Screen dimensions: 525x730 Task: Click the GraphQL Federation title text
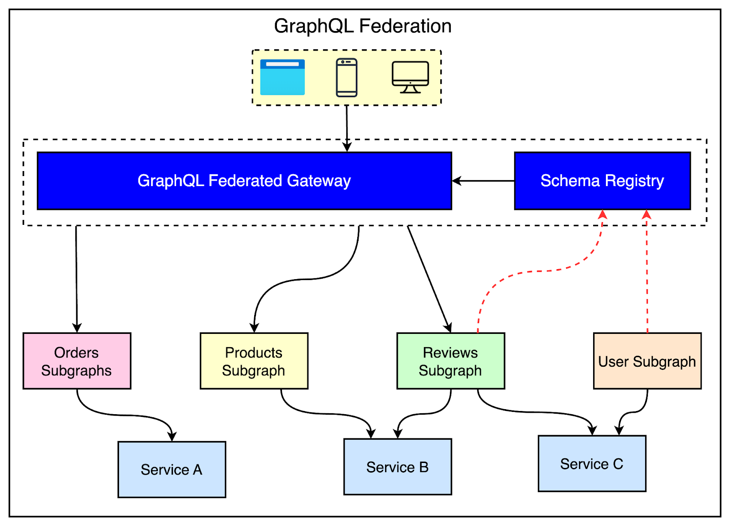click(x=363, y=26)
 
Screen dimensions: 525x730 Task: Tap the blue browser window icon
click(x=282, y=77)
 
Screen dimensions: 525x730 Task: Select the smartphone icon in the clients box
click(x=347, y=78)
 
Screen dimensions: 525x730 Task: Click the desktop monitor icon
click(x=410, y=77)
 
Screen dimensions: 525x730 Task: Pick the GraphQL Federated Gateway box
click(x=244, y=181)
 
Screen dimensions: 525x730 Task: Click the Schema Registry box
click(x=602, y=181)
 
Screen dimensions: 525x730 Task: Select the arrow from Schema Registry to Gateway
click(x=484, y=181)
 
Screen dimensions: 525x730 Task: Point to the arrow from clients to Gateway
click(x=347, y=128)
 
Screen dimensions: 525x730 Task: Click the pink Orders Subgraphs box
click(x=77, y=361)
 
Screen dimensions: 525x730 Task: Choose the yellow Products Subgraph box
click(x=254, y=361)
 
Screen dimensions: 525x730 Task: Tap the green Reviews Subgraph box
click(x=450, y=361)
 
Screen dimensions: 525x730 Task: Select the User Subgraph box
click(x=647, y=361)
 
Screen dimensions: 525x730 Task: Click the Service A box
click(x=172, y=469)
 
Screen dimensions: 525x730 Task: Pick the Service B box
click(x=397, y=467)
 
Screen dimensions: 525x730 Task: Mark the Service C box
click(x=592, y=463)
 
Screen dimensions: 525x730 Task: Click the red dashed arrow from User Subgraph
click(x=647, y=274)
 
